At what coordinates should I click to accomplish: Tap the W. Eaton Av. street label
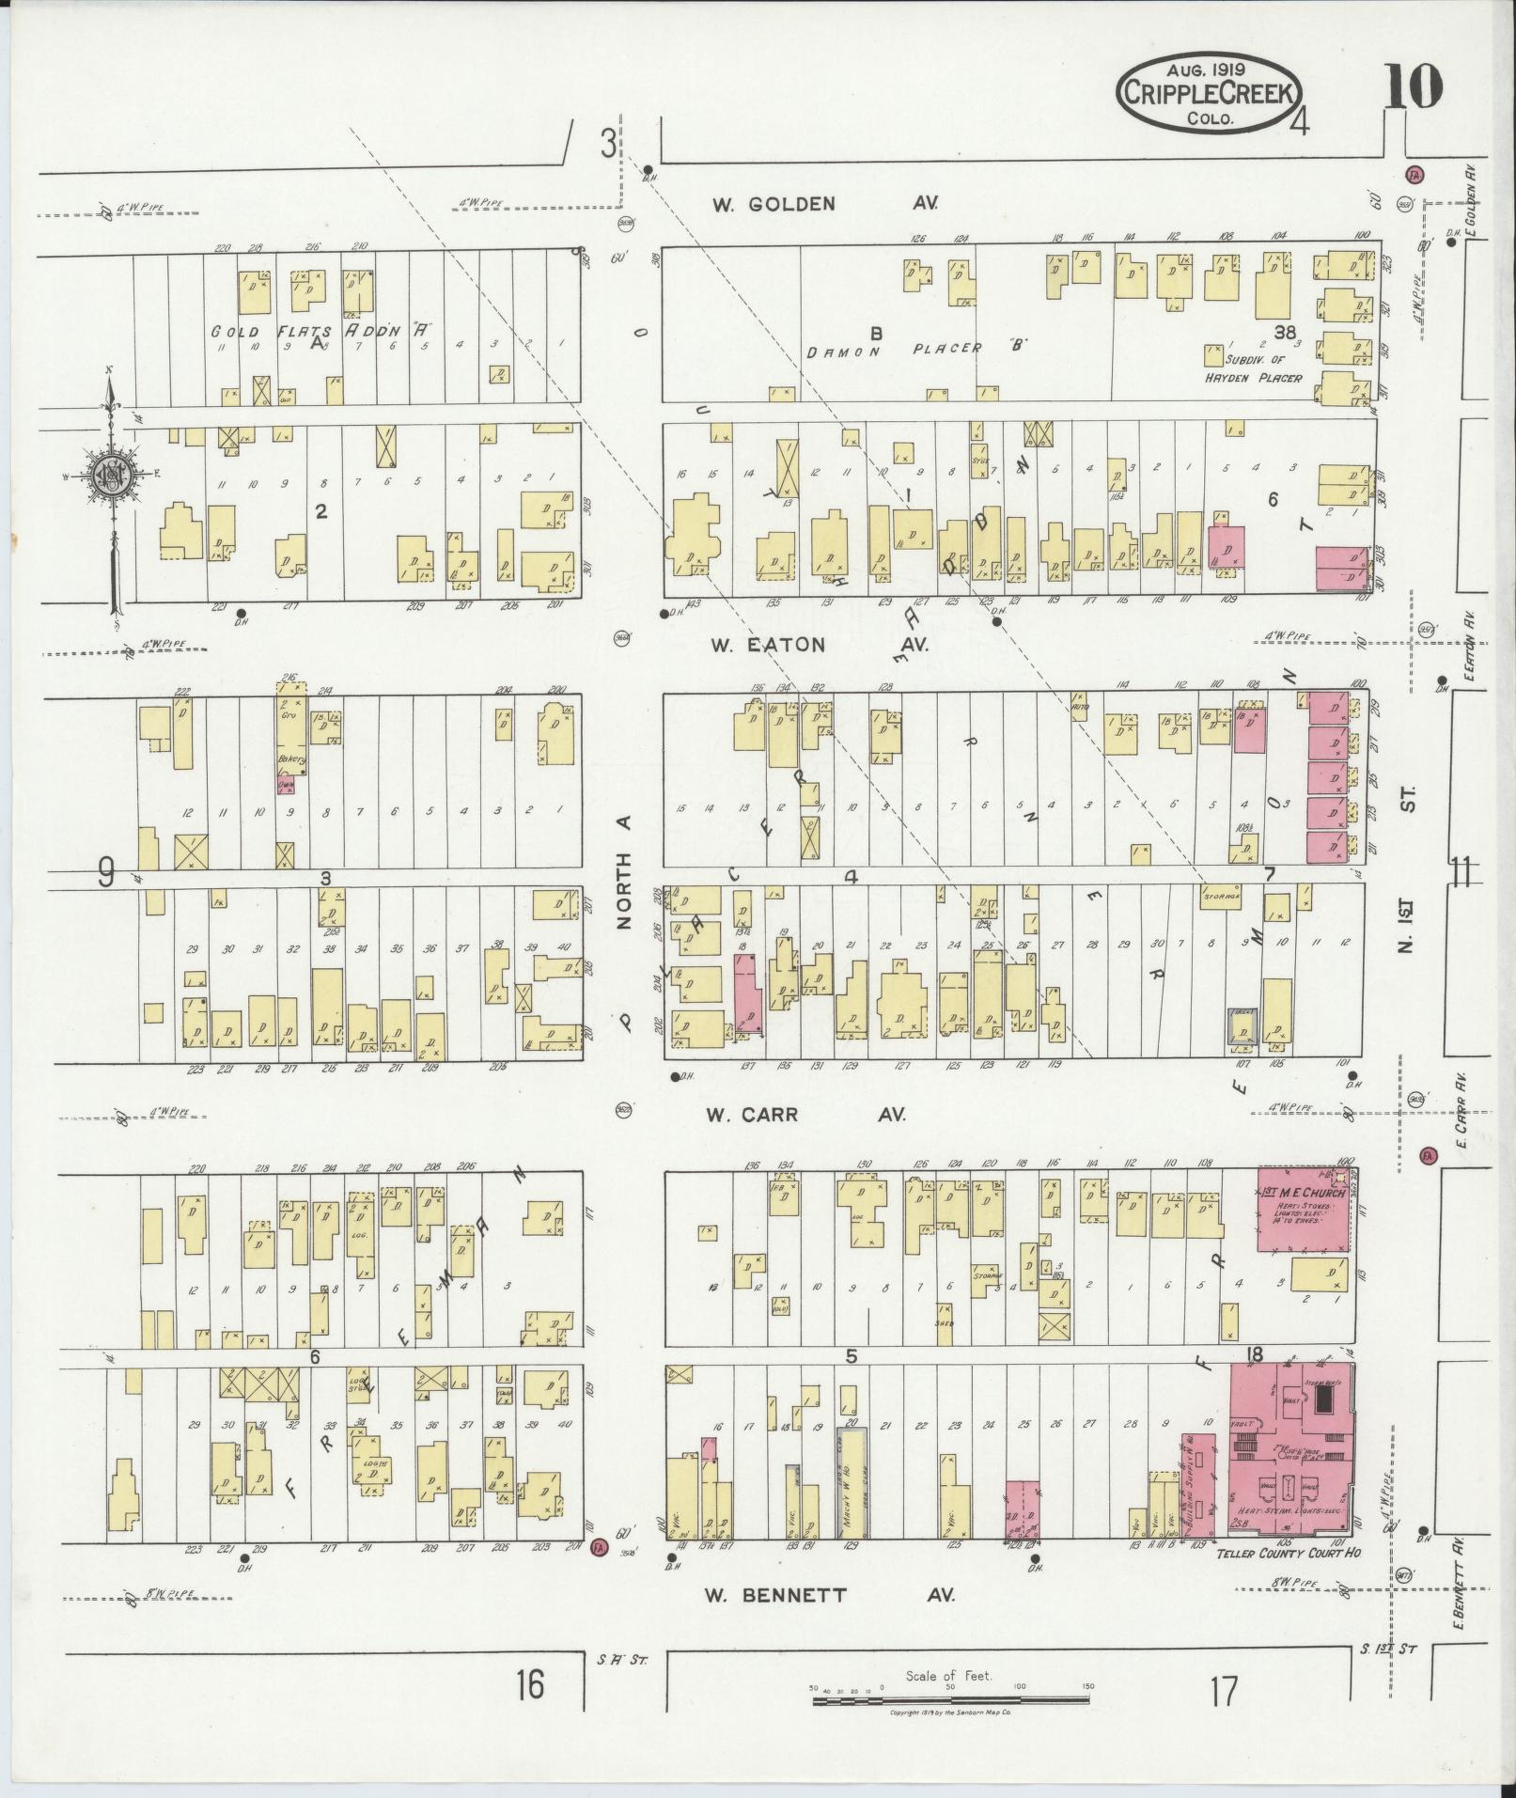tap(818, 645)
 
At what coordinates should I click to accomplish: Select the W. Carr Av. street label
tap(805, 1115)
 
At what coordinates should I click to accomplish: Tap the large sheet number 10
tap(1413, 90)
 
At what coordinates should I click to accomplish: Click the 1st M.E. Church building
tap(1304, 1209)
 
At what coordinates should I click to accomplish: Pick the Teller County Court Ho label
tap(1289, 1553)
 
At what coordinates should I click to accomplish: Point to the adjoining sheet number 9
tap(106, 876)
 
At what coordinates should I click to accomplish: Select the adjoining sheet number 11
tap(1460, 874)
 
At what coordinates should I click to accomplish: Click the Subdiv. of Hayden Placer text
tap(1263, 368)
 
